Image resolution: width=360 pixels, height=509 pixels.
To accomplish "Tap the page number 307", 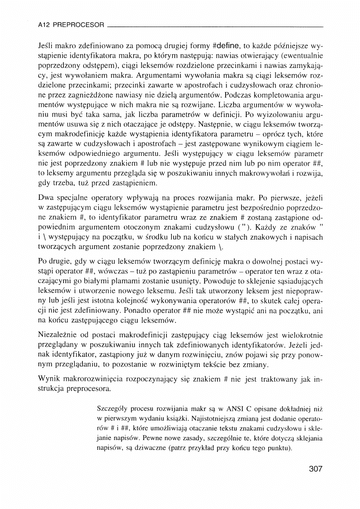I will click(316, 469).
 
